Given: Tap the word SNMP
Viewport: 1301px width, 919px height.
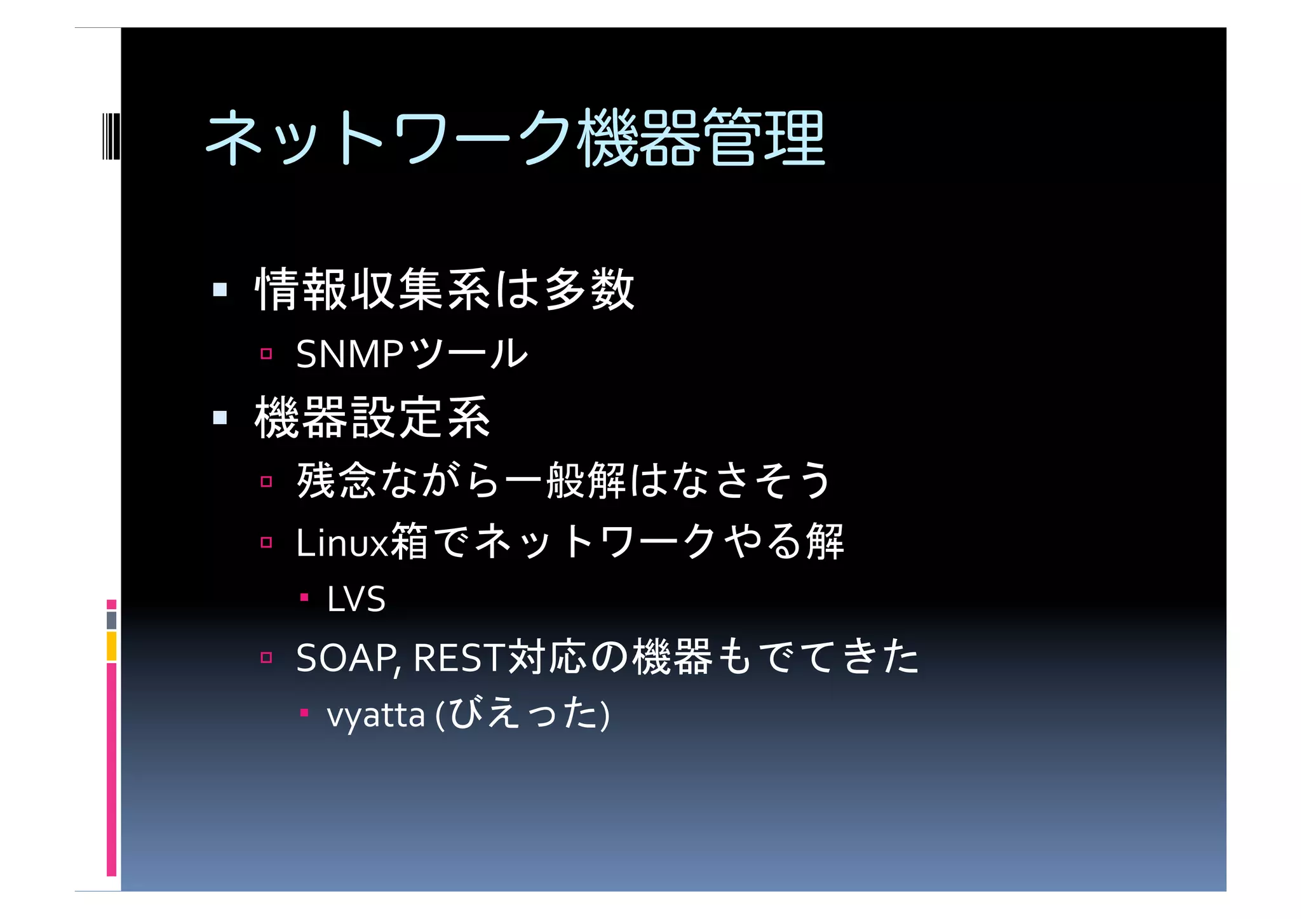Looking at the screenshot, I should (349, 354).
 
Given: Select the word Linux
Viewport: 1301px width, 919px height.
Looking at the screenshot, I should (342, 543).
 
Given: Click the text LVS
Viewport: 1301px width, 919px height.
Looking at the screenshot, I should (356, 599).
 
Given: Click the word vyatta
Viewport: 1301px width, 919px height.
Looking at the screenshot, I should (375, 715).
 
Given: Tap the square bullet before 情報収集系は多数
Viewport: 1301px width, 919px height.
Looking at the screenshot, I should (220, 290).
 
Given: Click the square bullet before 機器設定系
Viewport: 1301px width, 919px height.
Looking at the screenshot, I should (220, 417).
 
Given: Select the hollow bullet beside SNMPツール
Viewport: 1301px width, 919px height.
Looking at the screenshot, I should (266, 354).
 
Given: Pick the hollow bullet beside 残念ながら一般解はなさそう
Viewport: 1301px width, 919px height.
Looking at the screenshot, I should (266, 481).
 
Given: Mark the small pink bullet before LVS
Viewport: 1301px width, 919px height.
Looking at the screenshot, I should (304, 597).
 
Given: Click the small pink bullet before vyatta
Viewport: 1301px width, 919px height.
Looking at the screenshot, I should (304, 713).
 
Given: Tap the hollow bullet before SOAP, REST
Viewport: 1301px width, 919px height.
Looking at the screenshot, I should (266, 657).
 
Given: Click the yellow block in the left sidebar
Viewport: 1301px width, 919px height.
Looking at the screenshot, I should (111, 646).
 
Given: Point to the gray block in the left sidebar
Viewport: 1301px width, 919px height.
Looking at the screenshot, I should (111, 620).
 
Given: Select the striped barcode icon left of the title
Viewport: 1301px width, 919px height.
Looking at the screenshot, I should (111, 136).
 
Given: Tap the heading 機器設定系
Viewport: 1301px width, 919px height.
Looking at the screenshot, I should (372, 417).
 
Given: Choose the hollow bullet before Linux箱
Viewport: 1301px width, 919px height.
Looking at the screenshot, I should (266, 542).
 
